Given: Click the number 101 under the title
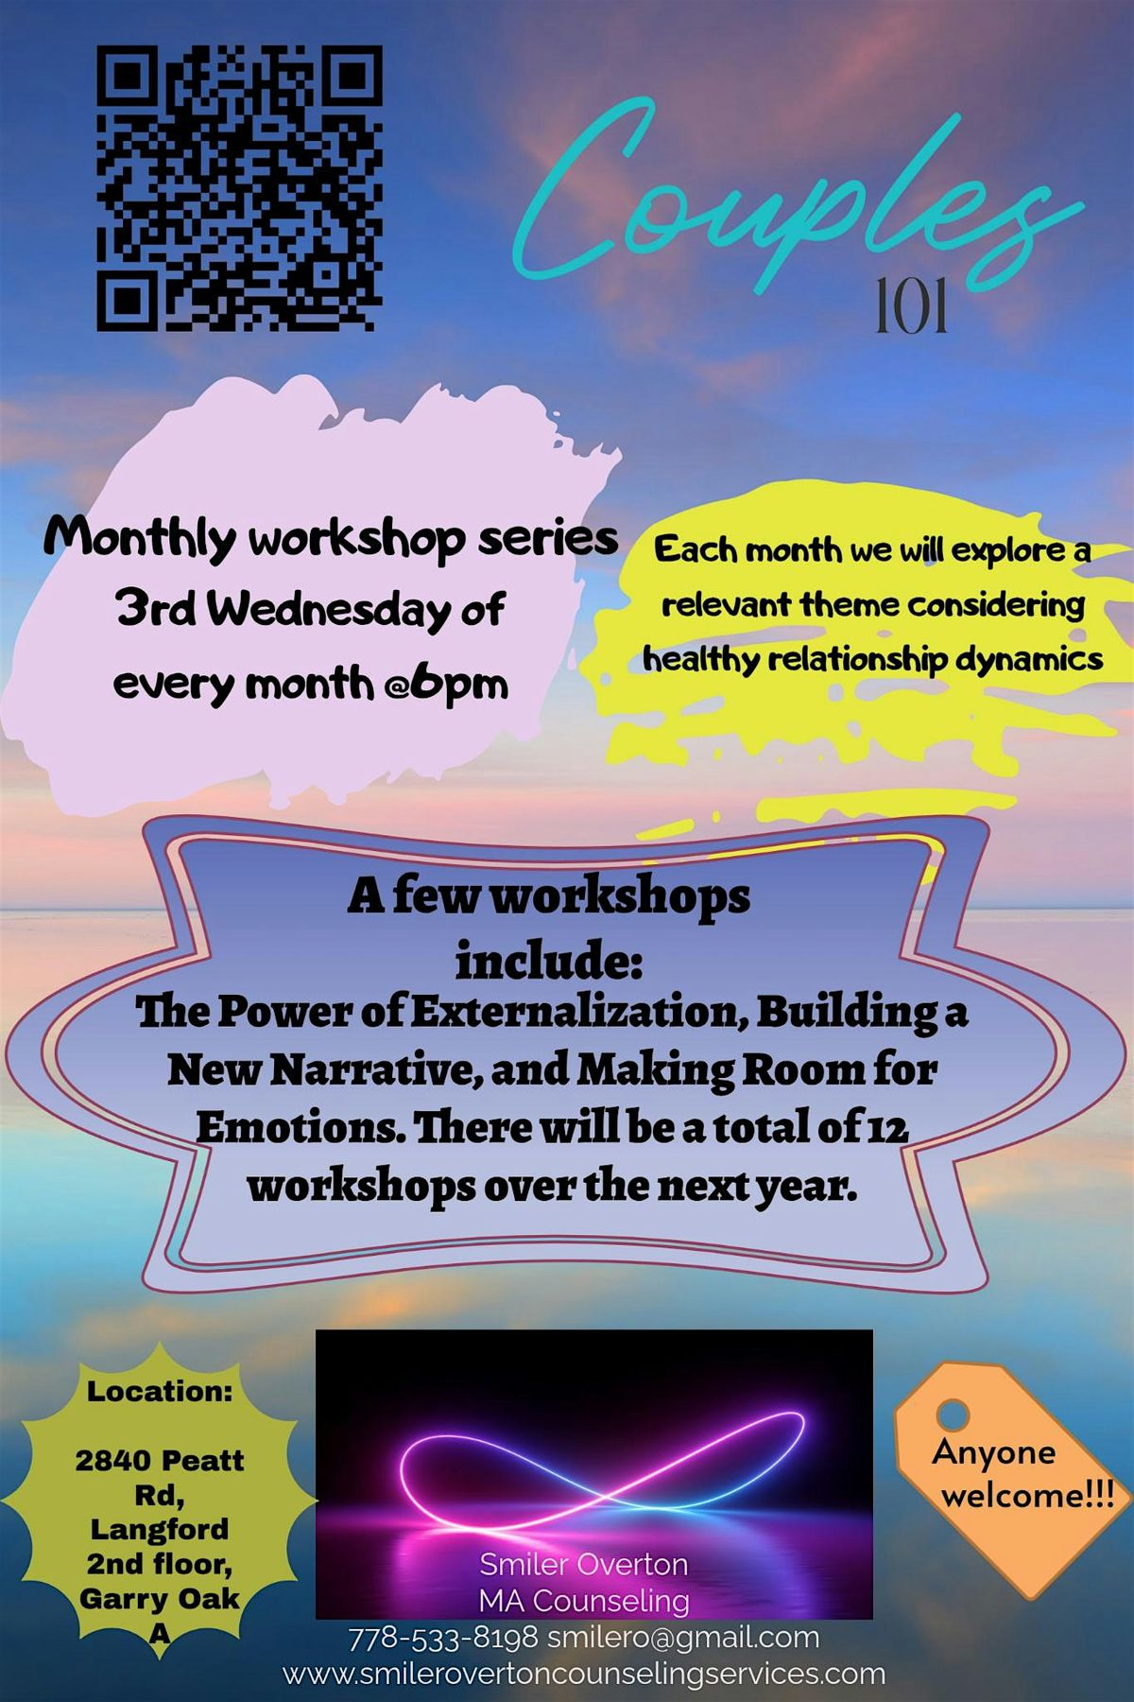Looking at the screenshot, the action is click(911, 308).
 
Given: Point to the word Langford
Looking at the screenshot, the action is click(159, 1529).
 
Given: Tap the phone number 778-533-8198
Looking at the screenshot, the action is click(443, 1638).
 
